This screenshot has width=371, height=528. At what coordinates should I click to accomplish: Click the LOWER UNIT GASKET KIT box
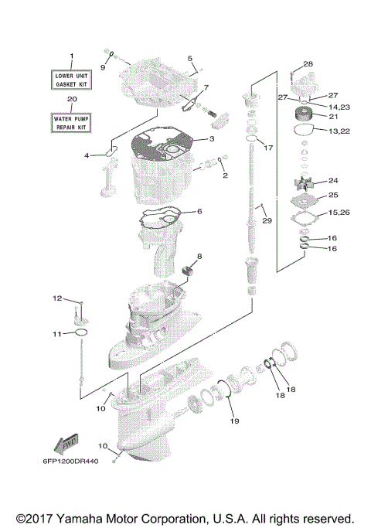73,80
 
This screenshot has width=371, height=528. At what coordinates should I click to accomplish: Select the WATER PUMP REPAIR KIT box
73,121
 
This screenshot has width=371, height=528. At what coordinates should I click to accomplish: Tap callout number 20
72,100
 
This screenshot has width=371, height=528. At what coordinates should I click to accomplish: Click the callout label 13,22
339,132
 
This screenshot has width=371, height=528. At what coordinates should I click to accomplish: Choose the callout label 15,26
339,213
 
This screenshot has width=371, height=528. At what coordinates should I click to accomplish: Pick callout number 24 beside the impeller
332,180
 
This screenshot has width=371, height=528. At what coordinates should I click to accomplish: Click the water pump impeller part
298,184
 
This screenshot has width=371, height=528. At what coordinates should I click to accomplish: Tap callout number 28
308,63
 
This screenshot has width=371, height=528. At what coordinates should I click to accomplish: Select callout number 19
233,421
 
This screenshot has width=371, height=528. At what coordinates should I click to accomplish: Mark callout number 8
199,256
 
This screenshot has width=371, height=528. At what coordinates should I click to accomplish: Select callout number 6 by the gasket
199,211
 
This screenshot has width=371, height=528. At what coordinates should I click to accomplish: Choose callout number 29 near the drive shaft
267,222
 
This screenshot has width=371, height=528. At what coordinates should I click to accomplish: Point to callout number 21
333,117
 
